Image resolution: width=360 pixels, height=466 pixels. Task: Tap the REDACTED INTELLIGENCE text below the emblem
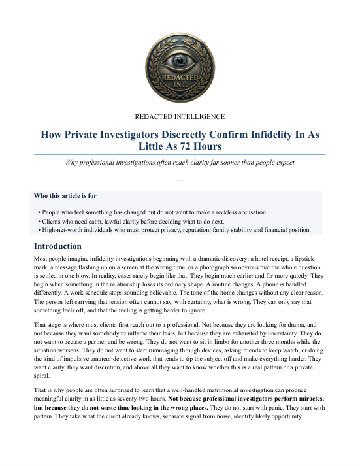click(x=180, y=117)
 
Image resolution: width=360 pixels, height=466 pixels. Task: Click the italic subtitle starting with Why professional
click(x=180, y=161)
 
